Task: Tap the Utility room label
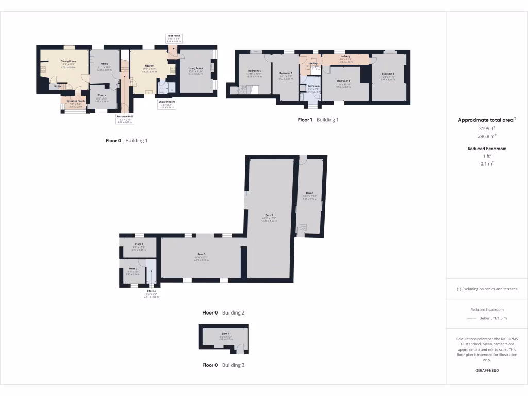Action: (x=104, y=64)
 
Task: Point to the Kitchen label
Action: (x=150, y=66)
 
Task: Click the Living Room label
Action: (x=195, y=68)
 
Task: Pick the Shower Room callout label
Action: (x=166, y=102)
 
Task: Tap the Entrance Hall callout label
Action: (x=124, y=117)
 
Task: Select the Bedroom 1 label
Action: (x=387, y=74)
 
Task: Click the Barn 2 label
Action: (x=269, y=214)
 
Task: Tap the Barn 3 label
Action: (x=202, y=254)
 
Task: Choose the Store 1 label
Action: (x=138, y=244)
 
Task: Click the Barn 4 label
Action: (x=225, y=334)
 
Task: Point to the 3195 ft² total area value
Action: (x=487, y=128)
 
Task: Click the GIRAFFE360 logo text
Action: (x=487, y=370)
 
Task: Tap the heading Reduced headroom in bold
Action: (x=487, y=148)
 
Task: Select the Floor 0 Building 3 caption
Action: (x=223, y=365)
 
